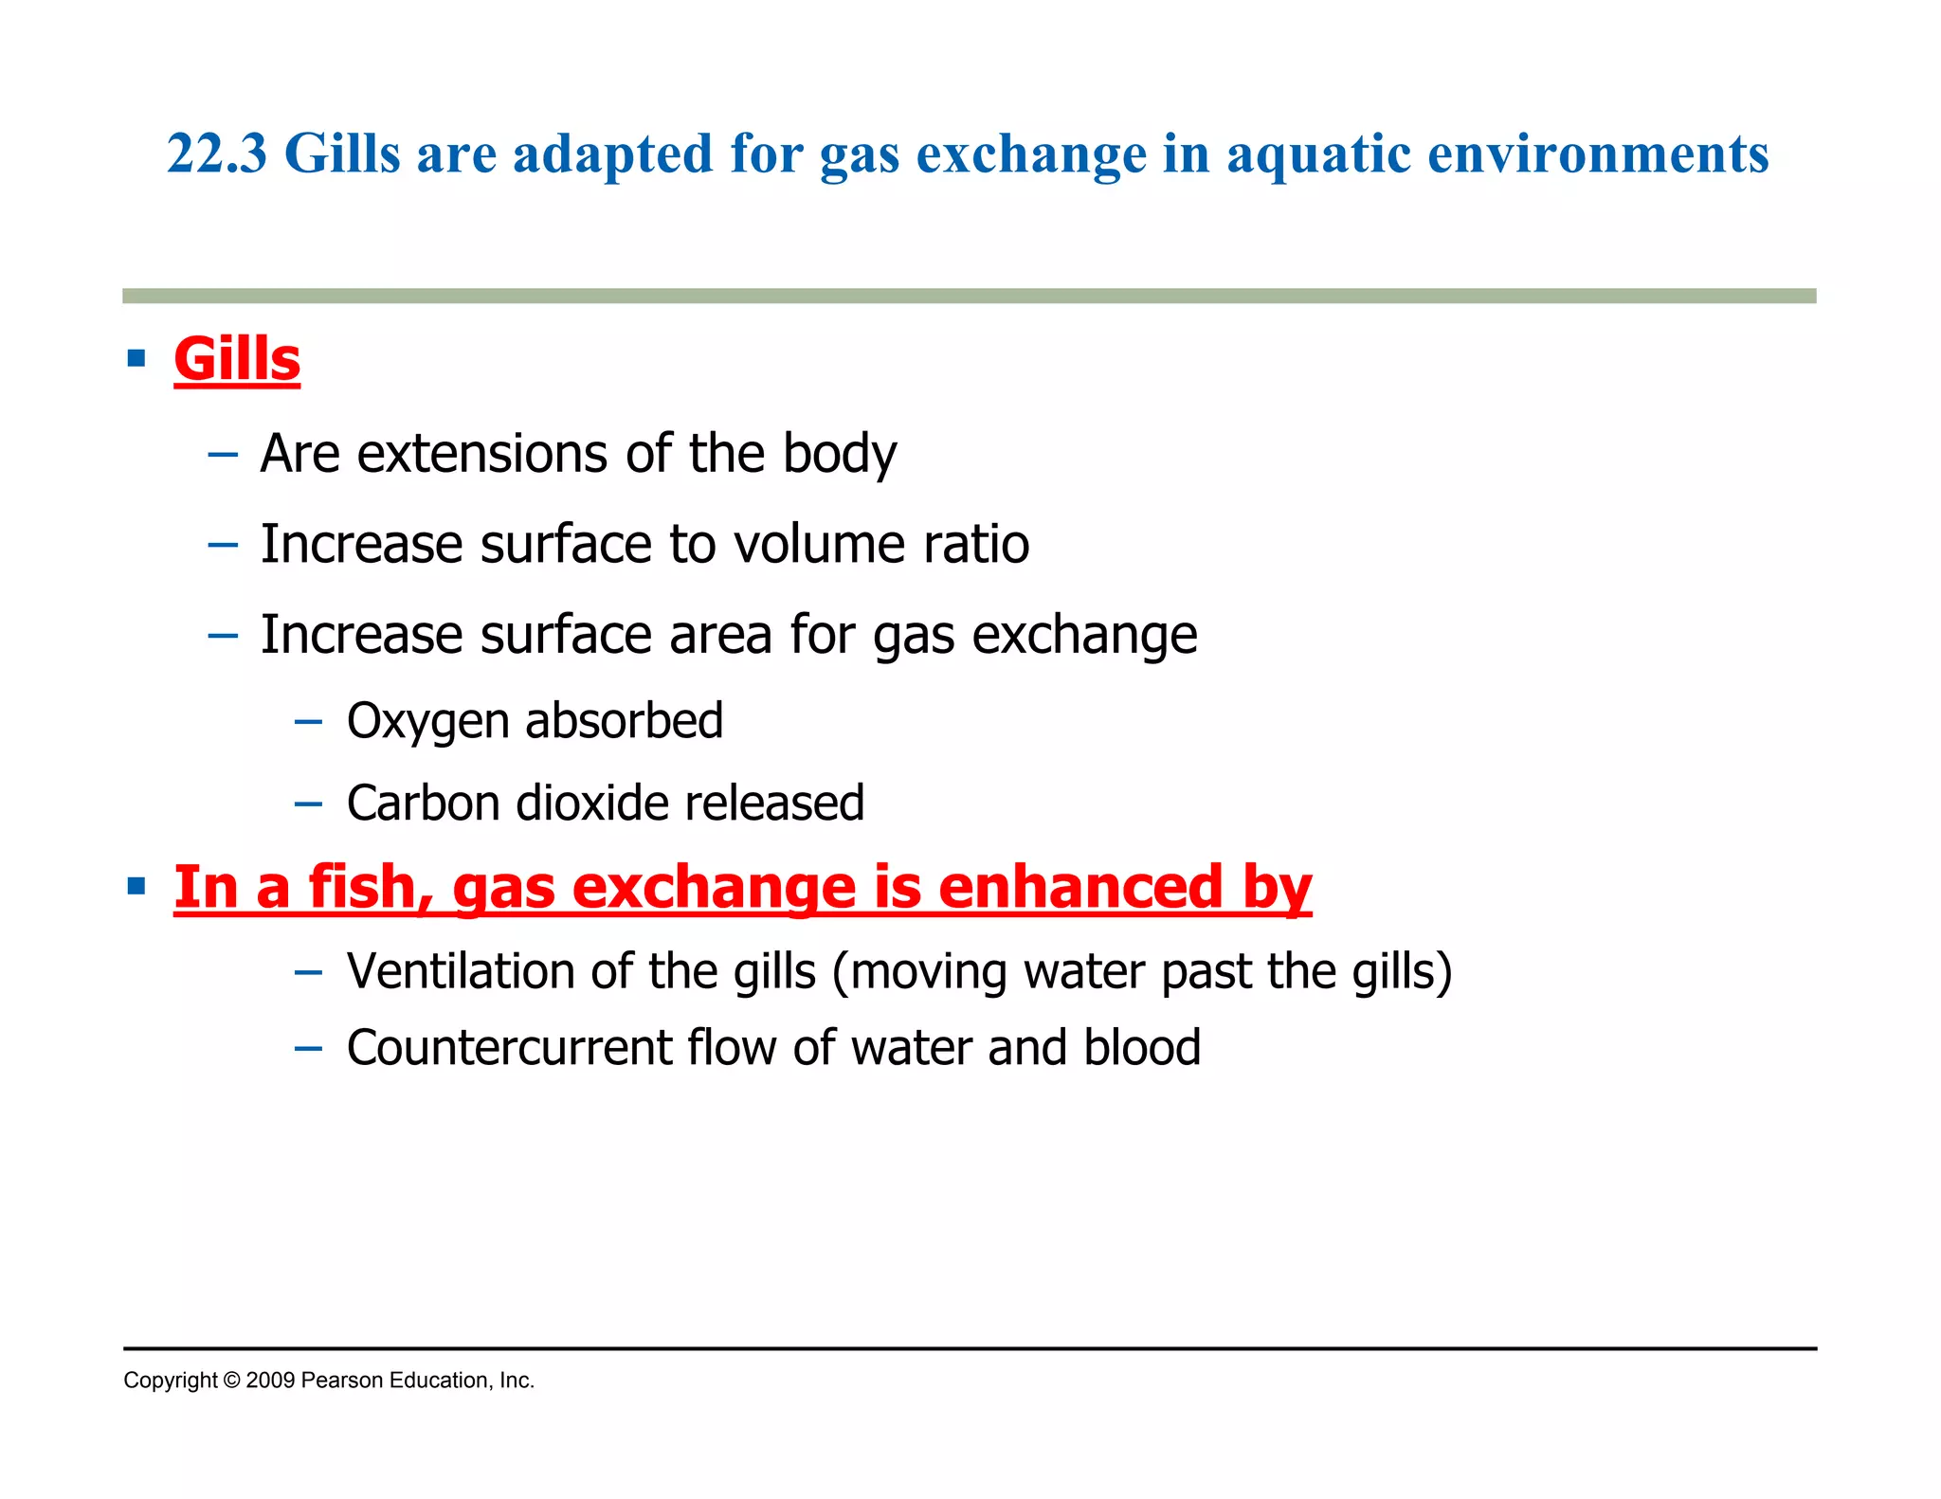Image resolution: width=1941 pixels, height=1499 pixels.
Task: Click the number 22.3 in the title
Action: pyautogui.click(x=217, y=154)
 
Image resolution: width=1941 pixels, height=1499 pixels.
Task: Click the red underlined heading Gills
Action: pyautogui.click(x=237, y=359)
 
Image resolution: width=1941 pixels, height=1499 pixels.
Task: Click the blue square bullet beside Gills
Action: pyautogui.click(x=136, y=358)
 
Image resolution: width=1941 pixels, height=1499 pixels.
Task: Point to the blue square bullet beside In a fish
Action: pyautogui.click(x=136, y=887)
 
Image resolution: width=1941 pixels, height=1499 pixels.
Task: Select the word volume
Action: pyautogui.click(x=804, y=544)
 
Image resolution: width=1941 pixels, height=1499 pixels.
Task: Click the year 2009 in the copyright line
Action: pyautogui.click(x=270, y=1381)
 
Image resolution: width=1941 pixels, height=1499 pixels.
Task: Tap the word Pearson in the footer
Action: pyautogui.click(x=341, y=1381)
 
